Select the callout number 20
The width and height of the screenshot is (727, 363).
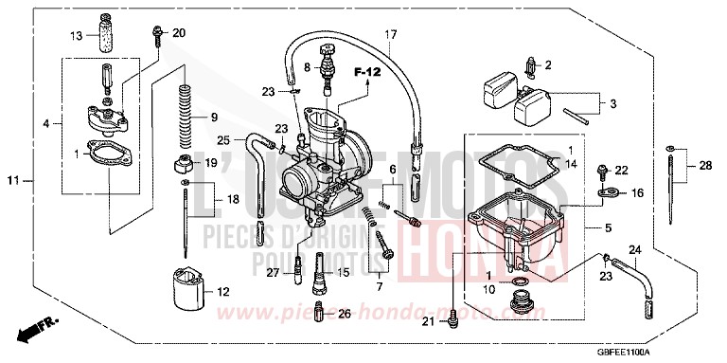(179, 33)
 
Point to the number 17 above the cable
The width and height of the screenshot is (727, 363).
(390, 35)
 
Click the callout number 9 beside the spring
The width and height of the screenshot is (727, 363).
(214, 118)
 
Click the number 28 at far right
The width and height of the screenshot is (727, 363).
(704, 167)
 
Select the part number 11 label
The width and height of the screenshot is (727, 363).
(13, 180)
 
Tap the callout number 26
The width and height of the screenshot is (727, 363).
(344, 313)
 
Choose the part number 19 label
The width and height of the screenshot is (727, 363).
(211, 163)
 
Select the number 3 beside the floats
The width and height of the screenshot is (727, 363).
(613, 104)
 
